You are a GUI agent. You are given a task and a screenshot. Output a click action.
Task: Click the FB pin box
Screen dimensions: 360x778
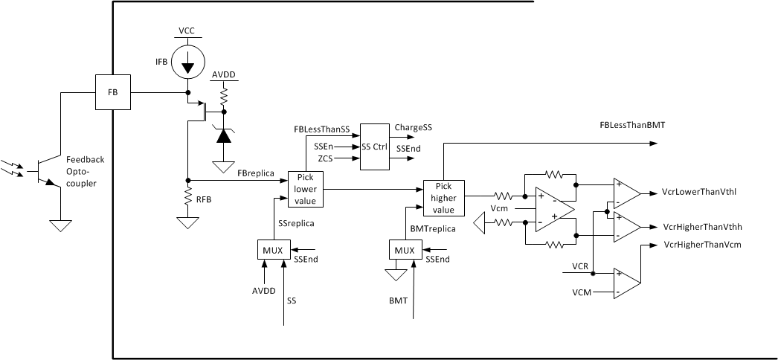tap(112, 93)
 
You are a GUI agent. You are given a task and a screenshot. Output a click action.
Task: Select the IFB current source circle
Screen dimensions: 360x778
tap(187, 63)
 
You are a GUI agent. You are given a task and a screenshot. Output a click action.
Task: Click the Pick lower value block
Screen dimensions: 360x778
tap(306, 190)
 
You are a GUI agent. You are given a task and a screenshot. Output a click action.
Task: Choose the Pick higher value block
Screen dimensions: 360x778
tap(443, 199)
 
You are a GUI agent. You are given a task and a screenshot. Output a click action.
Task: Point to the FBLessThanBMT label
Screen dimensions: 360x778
tap(631, 126)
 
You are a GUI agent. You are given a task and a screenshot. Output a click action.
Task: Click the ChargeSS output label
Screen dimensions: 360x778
tap(413, 128)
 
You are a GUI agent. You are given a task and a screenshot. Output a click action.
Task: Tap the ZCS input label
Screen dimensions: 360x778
tap(325, 158)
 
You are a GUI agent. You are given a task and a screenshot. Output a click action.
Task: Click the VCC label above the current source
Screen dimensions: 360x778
tap(187, 30)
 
